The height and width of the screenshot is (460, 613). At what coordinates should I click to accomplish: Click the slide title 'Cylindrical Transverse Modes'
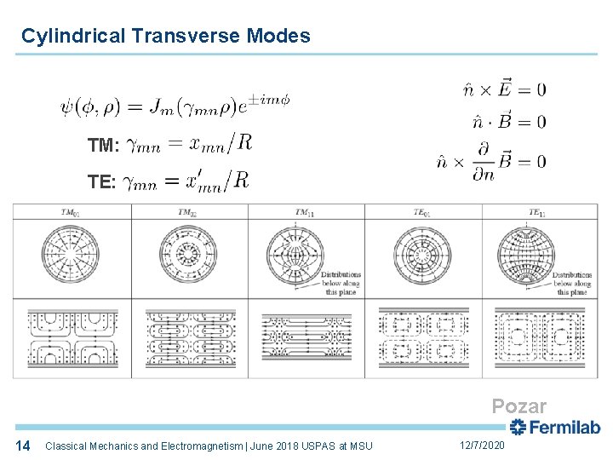tap(166, 36)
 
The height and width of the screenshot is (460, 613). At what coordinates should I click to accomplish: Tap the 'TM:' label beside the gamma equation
tap(103, 146)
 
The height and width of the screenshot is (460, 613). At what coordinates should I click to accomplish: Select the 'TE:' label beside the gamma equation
tap(103, 181)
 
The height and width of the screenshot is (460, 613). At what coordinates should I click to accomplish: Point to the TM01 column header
tap(72, 212)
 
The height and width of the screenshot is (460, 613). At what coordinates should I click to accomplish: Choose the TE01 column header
tap(422, 212)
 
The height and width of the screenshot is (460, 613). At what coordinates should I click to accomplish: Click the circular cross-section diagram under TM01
tap(72, 252)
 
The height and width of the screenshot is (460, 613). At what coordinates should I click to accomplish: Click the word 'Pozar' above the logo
tap(518, 407)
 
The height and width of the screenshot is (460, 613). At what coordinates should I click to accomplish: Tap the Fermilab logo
tap(554, 428)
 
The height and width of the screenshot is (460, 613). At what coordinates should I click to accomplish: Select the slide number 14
tap(23, 446)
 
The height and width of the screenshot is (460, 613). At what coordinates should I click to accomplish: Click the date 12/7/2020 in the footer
tap(482, 446)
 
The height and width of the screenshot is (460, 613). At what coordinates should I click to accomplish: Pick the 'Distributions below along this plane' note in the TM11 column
tap(340, 284)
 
